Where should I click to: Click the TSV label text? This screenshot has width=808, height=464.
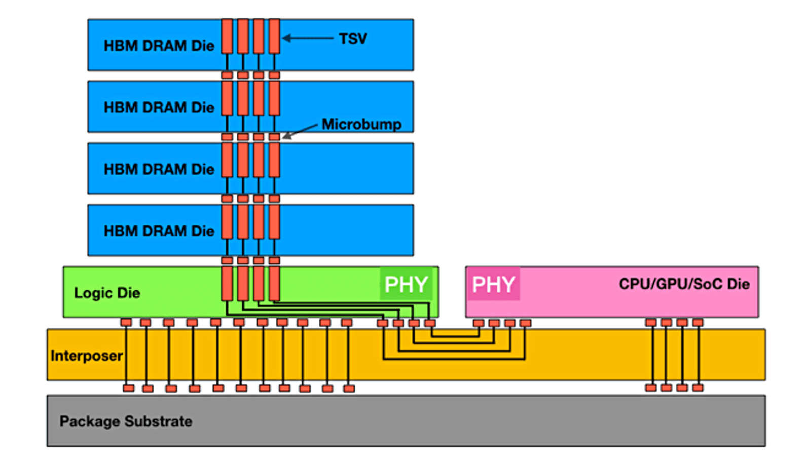click(353, 38)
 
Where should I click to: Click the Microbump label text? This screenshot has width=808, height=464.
click(361, 124)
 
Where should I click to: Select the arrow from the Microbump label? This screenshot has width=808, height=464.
click(302, 131)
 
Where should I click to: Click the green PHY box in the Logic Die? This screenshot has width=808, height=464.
click(407, 284)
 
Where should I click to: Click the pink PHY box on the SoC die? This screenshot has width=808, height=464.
click(493, 284)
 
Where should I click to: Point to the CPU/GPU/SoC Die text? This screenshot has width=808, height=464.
click(684, 284)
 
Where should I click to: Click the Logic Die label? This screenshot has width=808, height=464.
click(107, 293)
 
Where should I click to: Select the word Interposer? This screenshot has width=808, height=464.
click(87, 356)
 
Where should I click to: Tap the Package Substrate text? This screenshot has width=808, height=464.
click(126, 421)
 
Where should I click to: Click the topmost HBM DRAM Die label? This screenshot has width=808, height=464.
click(159, 46)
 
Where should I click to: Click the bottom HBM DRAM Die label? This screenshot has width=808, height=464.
click(159, 231)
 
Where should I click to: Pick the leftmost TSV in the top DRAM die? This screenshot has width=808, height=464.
click(227, 36)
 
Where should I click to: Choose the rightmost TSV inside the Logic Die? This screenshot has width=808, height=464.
click(274, 284)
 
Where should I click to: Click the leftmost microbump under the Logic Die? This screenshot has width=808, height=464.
click(126, 323)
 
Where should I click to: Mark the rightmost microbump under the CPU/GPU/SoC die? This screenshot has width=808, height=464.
click(698, 323)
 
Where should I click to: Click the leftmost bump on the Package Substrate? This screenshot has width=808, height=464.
click(129, 388)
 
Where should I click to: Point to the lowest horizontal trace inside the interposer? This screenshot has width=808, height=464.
click(454, 359)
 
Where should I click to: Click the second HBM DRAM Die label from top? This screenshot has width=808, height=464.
click(159, 107)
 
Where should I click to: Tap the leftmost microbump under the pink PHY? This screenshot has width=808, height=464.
click(479, 323)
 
